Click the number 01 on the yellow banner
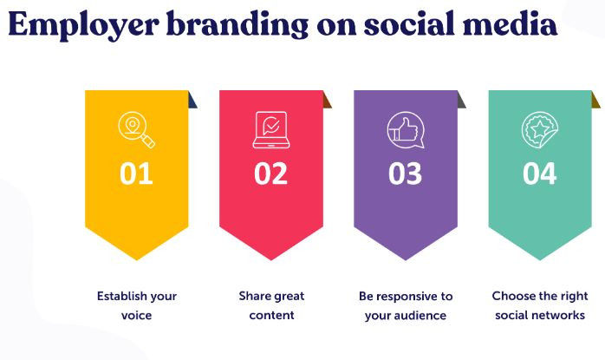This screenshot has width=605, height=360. (x=136, y=173)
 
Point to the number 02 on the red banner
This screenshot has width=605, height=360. (x=270, y=173)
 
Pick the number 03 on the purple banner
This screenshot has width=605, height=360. (x=405, y=173)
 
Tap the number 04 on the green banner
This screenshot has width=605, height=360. (x=540, y=173)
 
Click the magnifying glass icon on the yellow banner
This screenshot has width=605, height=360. (x=137, y=130)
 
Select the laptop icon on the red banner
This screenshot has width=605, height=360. (x=271, y=130)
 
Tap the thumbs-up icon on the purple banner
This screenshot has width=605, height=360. (x=406, y=130)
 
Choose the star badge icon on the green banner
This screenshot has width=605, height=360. (x=540, y=130)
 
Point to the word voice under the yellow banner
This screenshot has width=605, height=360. (x=137, y=316)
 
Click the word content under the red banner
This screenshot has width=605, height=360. (x=271, y=315)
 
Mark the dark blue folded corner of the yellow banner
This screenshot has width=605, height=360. (x=192, y=101)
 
